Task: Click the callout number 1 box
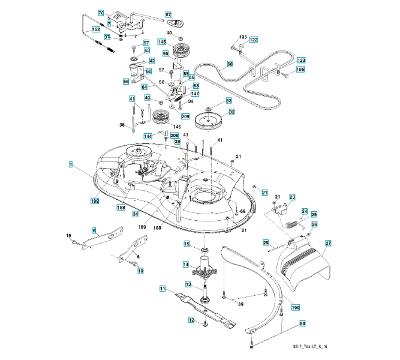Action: [71, 164]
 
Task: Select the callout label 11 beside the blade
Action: [163, 289]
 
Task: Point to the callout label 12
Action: [191, 320]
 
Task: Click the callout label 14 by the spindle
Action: [186, 264]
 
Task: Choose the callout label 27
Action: [328, 243]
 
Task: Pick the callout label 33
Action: [228, 101]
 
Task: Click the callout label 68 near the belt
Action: [230, 64]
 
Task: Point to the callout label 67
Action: [168, 14]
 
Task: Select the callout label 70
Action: [101, 13]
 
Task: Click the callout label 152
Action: [96, 29]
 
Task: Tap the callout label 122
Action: [254, 40]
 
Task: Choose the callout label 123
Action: [300, 61]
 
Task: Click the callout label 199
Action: [296, 308]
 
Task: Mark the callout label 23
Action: [292, 197]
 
